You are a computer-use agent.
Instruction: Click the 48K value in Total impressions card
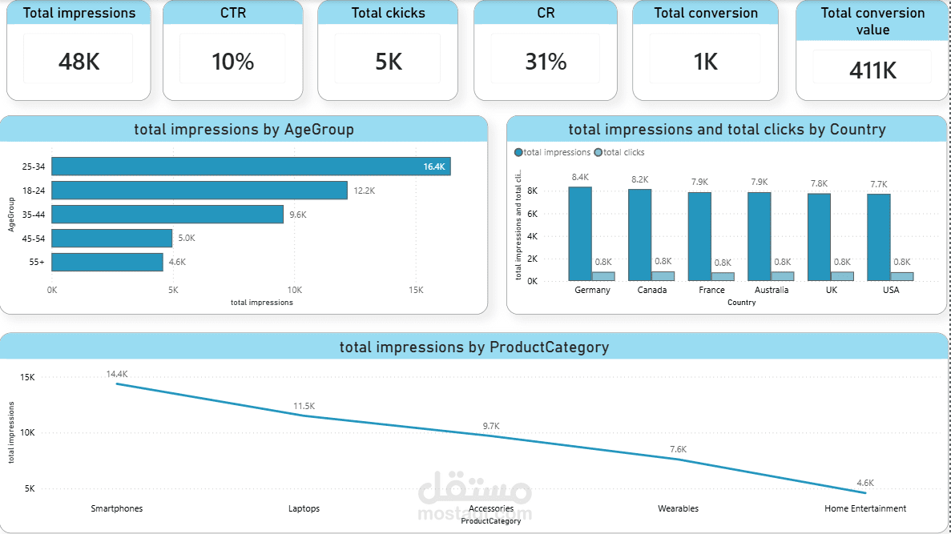[79, 62]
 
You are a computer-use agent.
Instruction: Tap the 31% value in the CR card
[546, 62]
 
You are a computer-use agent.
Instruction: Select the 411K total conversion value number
[872, 70]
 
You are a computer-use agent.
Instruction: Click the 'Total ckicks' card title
[388, 13]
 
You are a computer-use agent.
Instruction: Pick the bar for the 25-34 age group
[251, 167]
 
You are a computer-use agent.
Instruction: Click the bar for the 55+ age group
[107, 262]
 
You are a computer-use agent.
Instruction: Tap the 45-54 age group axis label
[34, 238]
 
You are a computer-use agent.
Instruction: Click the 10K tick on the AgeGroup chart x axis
[294, 290]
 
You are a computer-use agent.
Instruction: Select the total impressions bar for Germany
[580, 233]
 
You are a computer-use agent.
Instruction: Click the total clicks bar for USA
[902, 276]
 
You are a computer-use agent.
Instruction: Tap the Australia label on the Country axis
[771, 290]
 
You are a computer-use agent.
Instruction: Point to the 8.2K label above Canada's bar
[639, 179]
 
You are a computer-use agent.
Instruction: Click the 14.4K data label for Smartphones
[117, 374]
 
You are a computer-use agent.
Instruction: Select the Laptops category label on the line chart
[304, 508]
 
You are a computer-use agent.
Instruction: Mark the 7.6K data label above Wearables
[678, 449]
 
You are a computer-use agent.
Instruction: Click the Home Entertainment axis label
[865, 508]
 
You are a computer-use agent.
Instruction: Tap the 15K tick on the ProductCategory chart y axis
[27, 377]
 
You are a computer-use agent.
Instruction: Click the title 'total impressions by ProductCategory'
[474, 347]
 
